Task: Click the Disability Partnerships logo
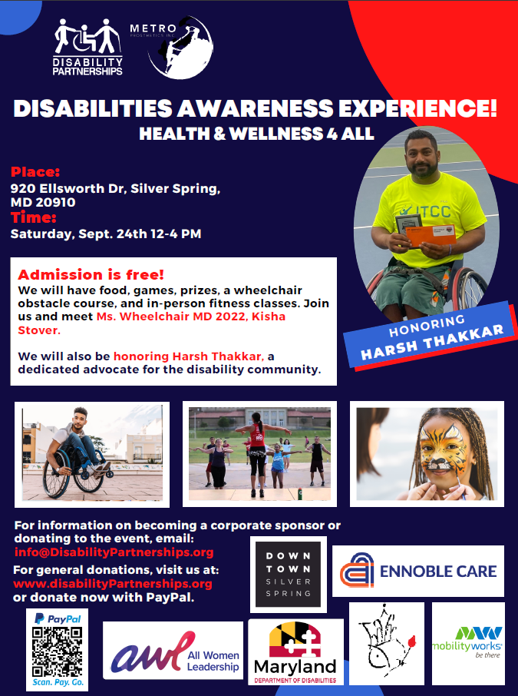87,48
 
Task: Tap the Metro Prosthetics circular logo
180,48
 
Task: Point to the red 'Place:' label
35,171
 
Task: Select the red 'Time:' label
33,218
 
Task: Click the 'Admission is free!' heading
91,274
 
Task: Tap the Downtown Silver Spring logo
289,573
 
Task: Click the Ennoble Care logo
418,571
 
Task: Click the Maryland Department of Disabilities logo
295,653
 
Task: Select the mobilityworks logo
467,642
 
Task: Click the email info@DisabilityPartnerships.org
114,552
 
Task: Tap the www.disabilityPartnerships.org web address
113,583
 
